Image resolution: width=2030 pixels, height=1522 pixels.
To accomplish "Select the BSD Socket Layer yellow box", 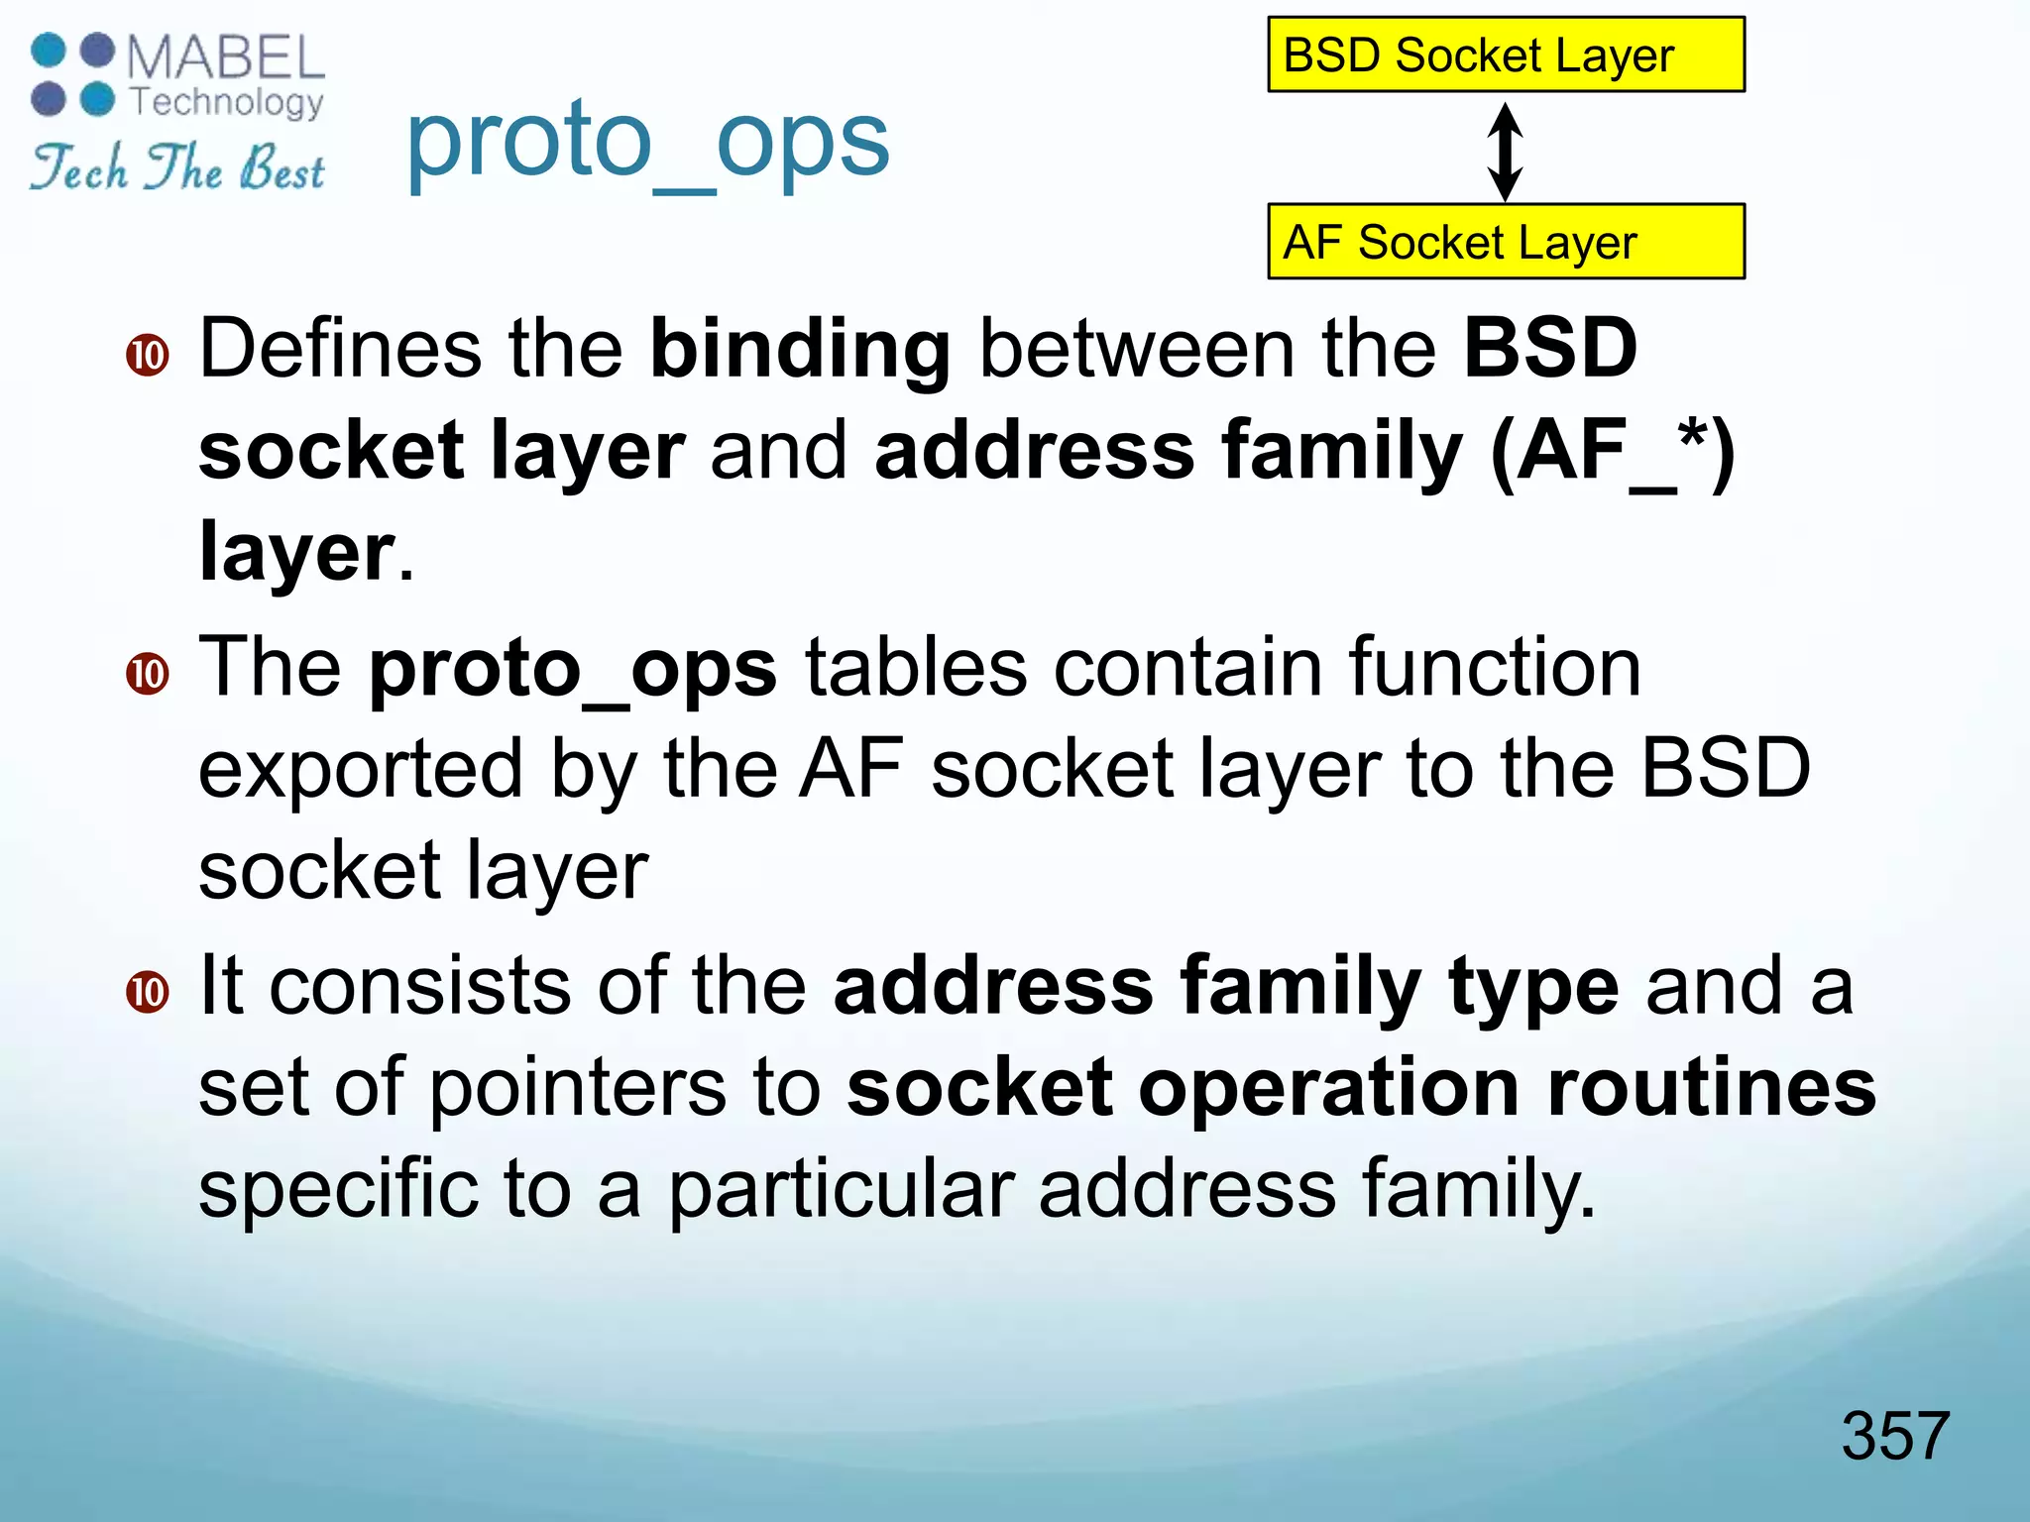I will pos(1505,54).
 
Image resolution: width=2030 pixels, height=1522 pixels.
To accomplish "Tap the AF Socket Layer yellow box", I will pos(1505,242).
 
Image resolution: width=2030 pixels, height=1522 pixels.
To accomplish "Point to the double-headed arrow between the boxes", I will pos(1505,151).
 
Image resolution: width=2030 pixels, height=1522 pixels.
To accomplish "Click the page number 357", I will pos(1894,1435).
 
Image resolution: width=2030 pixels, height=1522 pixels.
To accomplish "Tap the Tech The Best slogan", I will pos(178,168).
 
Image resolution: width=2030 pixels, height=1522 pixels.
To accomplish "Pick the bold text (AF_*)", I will pos(1613,451).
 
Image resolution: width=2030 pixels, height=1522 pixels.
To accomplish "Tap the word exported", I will pos(360,770).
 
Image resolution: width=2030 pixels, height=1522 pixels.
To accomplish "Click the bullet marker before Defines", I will pos(148,355).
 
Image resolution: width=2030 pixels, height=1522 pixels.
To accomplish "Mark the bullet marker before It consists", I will pos(148,992).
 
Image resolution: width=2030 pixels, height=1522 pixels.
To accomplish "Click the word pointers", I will pos(578,1088).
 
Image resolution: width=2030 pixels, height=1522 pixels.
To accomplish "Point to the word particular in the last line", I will pos(841,1189).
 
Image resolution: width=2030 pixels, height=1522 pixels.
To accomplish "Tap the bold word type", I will pos(1532,988).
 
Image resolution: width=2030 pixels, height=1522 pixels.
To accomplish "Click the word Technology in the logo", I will pos(227,101).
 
